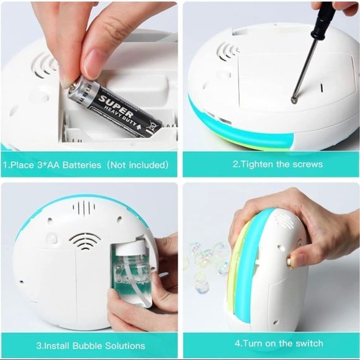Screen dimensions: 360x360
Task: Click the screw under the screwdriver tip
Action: (x=294, y=100)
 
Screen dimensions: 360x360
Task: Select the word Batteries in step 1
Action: (x=82, y=165)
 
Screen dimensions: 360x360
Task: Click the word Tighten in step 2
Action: (x=258, y=164)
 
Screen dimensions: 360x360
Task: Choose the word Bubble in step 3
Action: (x=88, y=346)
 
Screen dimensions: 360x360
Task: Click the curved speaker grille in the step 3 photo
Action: (x=85, y=241)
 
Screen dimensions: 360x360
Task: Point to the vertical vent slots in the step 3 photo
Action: (x=84, y=207)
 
